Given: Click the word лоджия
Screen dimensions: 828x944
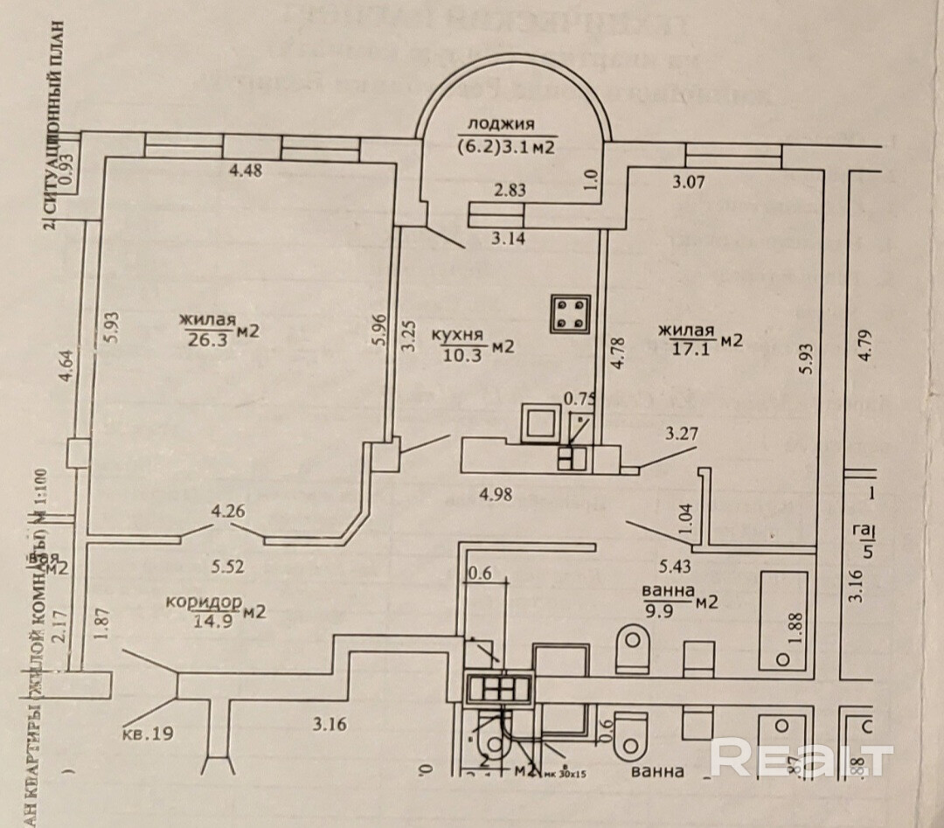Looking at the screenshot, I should [x=500, y=124].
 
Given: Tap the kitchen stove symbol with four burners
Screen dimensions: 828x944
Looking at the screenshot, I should [x=568, y=315].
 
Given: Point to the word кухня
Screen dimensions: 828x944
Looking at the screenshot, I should [x=458, y=333].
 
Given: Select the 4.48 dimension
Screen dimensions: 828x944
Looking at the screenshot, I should [x=245, y=171].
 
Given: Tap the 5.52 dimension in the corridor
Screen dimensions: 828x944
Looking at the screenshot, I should [x=229, y=565].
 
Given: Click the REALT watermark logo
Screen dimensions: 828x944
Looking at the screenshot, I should [x=801, y=758].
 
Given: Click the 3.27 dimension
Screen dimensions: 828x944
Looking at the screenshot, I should [x=682, y=432].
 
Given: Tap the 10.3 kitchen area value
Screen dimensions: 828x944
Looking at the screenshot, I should [x=457, y=350].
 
